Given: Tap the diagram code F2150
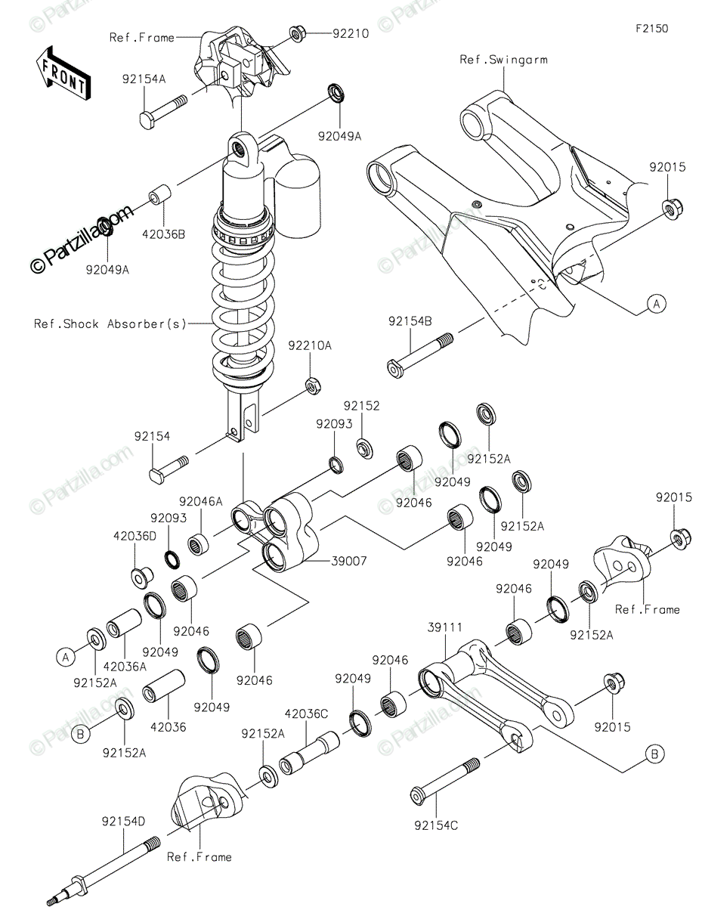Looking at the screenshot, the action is click(651, 29).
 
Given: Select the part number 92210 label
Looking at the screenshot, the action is click(351, 34).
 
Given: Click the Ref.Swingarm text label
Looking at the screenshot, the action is click(503, 60).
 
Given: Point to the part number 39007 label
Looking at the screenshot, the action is click(349, 561).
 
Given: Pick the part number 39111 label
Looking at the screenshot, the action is click(444, 627).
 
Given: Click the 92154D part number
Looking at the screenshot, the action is click(123, 822).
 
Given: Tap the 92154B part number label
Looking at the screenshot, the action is click(410, 321).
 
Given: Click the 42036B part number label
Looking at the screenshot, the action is click(163, 234).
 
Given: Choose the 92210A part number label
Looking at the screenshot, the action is click(310, 345).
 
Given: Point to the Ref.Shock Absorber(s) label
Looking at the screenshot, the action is click(110, 324).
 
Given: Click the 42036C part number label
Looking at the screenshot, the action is click(306, 714).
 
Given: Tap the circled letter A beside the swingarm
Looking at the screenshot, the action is click(657, 304).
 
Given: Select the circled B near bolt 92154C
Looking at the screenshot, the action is click(654, 754).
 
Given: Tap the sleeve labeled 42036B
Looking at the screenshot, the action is click(161, 194).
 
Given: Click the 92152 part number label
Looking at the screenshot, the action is click(362, 406).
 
